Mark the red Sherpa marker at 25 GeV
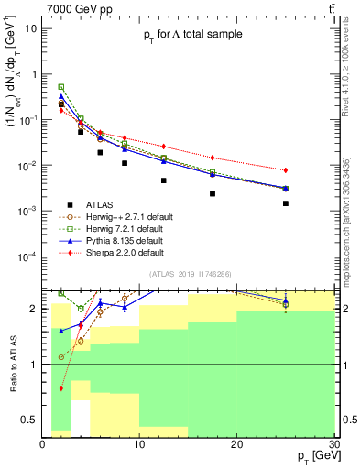pos(286,170)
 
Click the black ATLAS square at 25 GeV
pos(286,203)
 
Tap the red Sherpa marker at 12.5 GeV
pos(164,147)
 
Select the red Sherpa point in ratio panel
pos(61,388)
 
